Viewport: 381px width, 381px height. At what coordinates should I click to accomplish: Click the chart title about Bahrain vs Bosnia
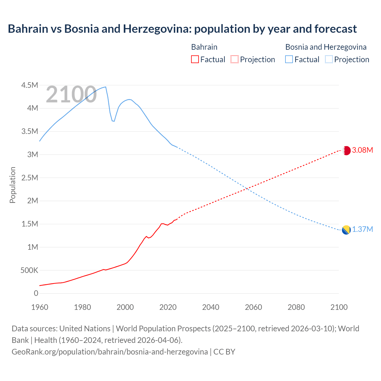182,29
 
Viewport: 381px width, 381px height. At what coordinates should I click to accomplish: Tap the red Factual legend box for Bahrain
195,59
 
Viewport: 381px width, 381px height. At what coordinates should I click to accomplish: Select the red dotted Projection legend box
234,59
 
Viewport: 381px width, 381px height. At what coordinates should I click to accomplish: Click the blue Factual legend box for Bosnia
289,59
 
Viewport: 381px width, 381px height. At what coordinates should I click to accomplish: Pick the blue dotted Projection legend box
329,59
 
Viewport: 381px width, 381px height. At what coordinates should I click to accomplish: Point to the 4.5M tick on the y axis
29,85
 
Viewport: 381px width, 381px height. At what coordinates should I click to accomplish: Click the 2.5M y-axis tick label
29,178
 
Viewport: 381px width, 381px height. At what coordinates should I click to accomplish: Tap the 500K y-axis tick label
29,270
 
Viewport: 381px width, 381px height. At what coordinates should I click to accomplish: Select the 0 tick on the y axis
36,293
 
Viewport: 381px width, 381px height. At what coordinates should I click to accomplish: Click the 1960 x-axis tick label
40,307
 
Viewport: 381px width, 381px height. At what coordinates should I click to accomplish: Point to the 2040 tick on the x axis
211,307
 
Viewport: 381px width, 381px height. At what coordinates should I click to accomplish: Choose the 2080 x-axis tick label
296,307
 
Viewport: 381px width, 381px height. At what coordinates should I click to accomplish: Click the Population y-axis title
13,185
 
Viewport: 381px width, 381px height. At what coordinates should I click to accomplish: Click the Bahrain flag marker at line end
346,151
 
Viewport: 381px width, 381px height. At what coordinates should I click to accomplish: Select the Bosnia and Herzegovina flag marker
346,230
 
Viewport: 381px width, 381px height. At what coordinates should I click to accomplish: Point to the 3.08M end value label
362,150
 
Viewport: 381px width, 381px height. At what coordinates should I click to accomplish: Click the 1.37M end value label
362,229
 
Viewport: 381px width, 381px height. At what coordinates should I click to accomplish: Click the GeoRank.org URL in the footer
110,352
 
